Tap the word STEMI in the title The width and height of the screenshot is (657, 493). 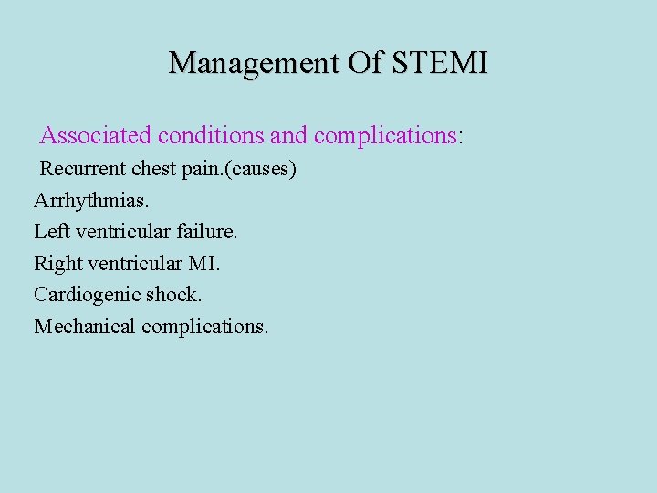[440, 63]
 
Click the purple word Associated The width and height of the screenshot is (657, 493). [96, 136]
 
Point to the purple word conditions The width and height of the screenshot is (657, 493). [212, 136]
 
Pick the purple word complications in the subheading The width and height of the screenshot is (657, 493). [384, 136]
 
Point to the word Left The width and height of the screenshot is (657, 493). [51, 232]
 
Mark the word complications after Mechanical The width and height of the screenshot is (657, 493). [204, 327]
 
